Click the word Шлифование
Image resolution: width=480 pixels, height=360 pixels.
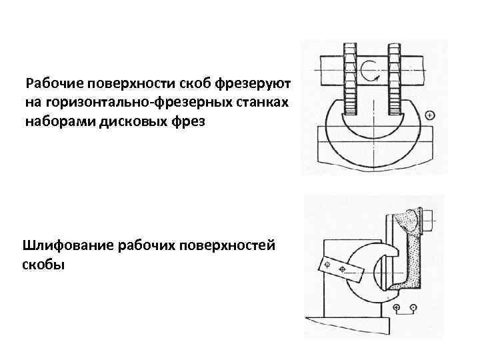point(67,246)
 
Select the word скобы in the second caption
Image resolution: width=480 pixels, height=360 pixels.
point(43,265)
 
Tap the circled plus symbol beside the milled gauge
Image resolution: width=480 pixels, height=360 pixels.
point(429,115)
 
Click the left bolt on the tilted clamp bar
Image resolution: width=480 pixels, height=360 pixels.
point(327,265)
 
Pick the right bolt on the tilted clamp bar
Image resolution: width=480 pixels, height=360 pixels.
point(343,269)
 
